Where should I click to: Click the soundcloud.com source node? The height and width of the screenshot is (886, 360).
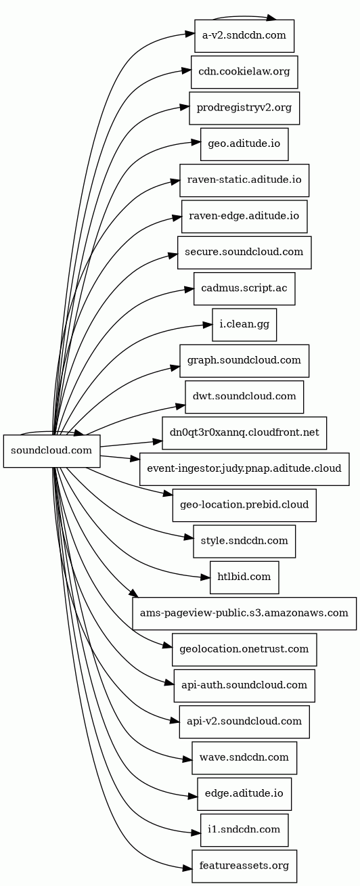51,451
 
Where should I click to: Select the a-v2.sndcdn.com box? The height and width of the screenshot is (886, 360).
244,36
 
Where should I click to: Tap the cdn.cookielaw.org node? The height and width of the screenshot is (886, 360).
244,72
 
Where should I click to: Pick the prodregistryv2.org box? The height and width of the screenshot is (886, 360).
244,108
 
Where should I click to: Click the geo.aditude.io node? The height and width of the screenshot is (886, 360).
244,144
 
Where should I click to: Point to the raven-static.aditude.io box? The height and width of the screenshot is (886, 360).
244,180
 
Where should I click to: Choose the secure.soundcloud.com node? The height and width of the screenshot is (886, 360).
244,252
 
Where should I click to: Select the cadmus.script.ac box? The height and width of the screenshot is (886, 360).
244,288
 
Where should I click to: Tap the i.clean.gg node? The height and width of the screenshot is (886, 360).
244,324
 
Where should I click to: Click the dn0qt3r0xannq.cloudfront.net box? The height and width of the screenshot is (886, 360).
244,433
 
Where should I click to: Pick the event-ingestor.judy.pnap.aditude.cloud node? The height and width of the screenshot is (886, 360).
244,468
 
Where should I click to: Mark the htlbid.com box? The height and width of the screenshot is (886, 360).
244,577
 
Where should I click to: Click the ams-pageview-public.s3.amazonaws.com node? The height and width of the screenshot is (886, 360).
244,613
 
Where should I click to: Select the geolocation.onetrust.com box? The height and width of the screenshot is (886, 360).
244,650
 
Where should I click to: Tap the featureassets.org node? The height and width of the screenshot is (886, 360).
244,866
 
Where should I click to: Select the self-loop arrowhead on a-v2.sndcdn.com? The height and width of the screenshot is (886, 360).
271,18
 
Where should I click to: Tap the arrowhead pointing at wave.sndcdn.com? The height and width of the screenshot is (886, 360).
187,759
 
